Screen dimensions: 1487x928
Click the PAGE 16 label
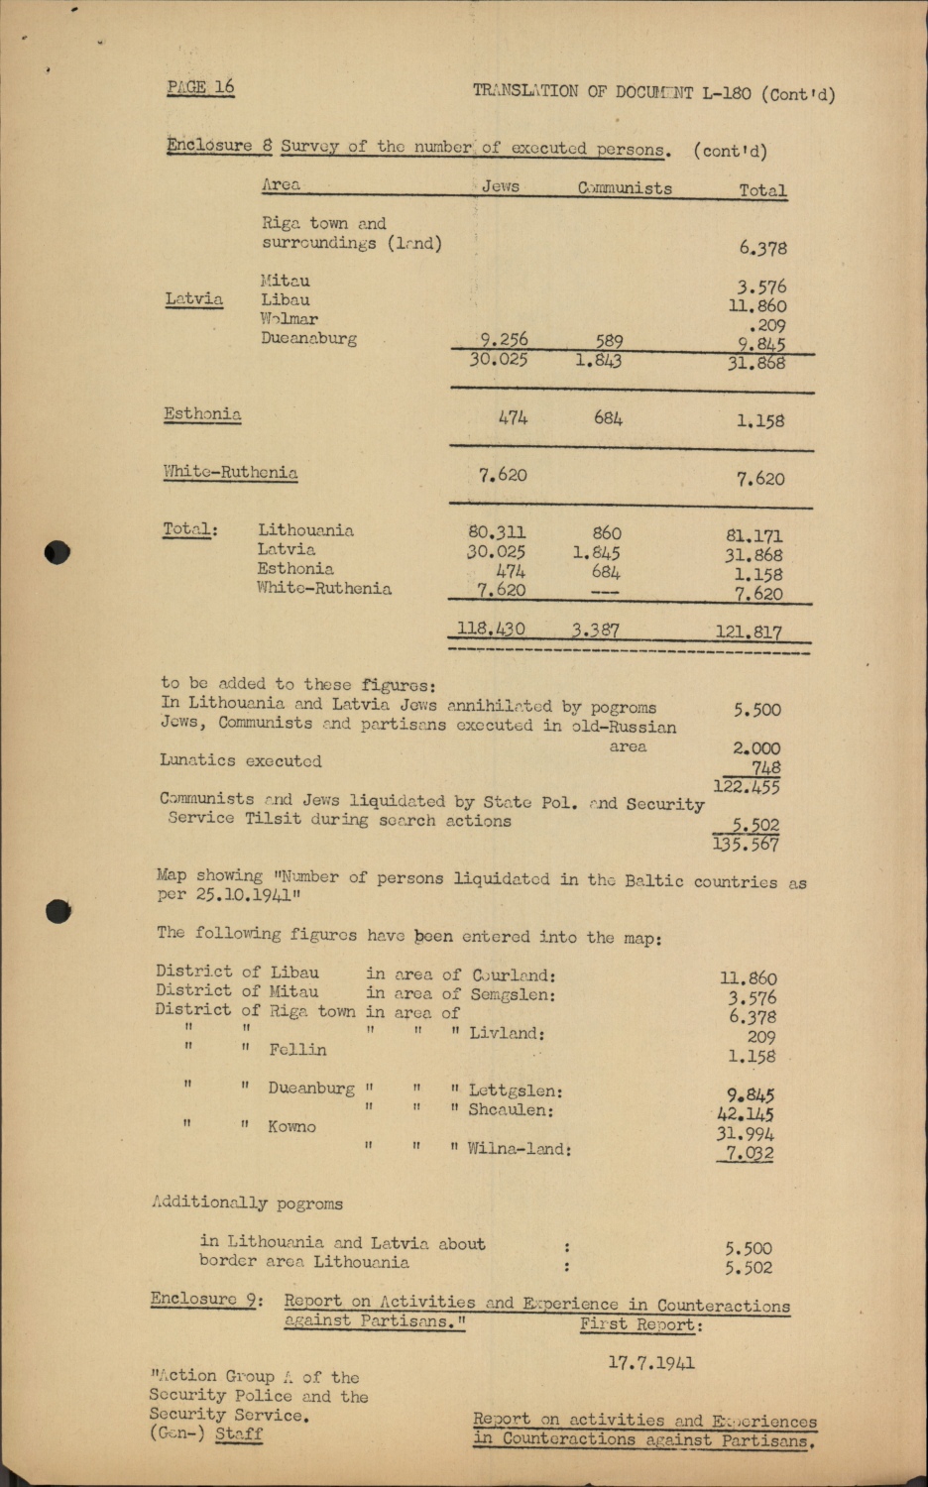[x=200, y=87]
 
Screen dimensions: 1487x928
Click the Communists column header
[x=625, y=188]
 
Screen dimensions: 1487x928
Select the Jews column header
[x=500, y=186]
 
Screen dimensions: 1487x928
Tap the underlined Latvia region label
[x=194, y=298]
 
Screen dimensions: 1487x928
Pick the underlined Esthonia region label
[x=202, y=414]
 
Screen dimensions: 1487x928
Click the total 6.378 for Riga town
[x=762, y=248]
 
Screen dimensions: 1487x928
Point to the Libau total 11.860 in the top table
[x=757, y=306]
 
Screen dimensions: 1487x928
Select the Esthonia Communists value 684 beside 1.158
[x=608, y=418]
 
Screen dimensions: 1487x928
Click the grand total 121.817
[x=749, y=631]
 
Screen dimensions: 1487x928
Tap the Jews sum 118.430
[x=491, y=629]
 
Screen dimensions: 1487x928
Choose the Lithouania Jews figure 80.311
[x=497, y=532]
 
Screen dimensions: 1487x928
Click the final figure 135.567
[x=746, y=845]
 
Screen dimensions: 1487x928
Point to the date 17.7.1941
[x=651, y=1363]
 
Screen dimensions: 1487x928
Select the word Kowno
[x=291, y=1127]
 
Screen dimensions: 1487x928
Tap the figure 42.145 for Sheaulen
[x=746, y=1114]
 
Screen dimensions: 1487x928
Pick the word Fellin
[x=297, y=1050]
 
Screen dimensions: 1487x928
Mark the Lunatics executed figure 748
[x=765, y=767]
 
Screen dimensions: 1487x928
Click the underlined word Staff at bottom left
[x=239, y=1433]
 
